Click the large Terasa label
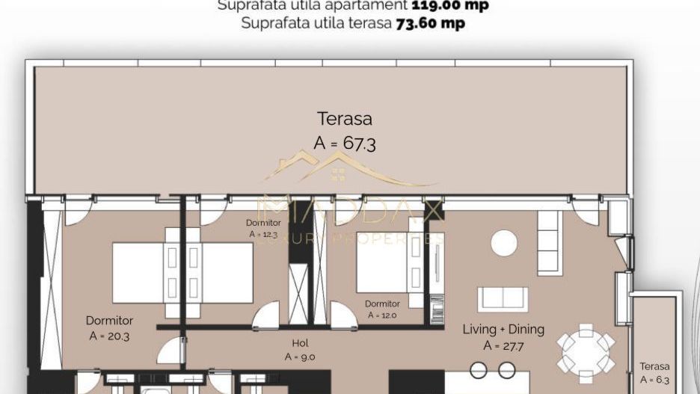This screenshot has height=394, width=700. click(345, 118)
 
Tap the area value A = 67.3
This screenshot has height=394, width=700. click(345, 143)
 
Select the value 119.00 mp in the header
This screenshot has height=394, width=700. click(451, 5)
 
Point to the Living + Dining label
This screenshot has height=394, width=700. click(503, 329)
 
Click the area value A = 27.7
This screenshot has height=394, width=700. click(503, 345)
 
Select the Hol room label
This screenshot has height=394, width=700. click(299, 343)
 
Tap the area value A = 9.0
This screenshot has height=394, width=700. click(299, 357)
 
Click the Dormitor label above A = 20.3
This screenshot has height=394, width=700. click(109, 321)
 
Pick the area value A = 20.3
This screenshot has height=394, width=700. click(109, 336)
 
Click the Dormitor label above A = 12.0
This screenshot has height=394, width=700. click(382, 304)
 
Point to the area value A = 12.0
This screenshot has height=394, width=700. click(382, 315)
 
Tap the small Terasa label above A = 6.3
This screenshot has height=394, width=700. click(654, 366)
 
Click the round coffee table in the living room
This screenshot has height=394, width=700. click(504, 242)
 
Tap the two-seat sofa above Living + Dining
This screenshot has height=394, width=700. click(503, 299)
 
